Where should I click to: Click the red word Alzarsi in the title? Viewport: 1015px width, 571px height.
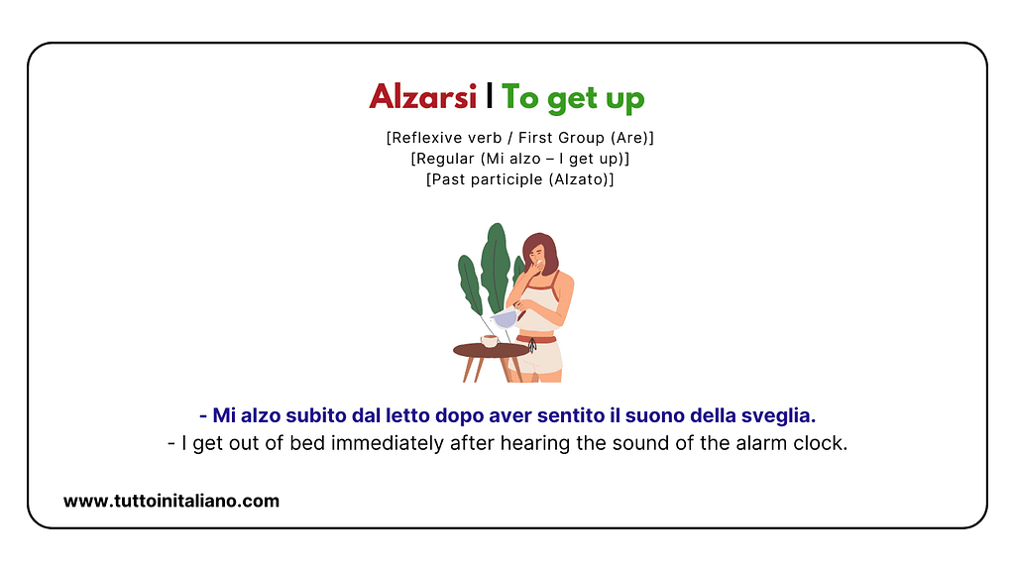pyautogui.click(x=423, y=97)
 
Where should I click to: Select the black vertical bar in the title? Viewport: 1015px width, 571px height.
pyautogui.click(x=490, y=96)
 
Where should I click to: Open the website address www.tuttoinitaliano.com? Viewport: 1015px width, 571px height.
pyautogui.click(x=171, y=501)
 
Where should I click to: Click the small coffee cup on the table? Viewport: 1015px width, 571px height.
pyautogui.click(x=489, y=340)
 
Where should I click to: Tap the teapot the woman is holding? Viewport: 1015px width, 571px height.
pyautogui.click(x=506, y=318)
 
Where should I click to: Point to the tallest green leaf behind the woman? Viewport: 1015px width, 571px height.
pyautogui.click(x=495, y=263)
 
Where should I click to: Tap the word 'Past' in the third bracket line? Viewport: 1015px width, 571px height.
pyautogui.click(x=446, y=179)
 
